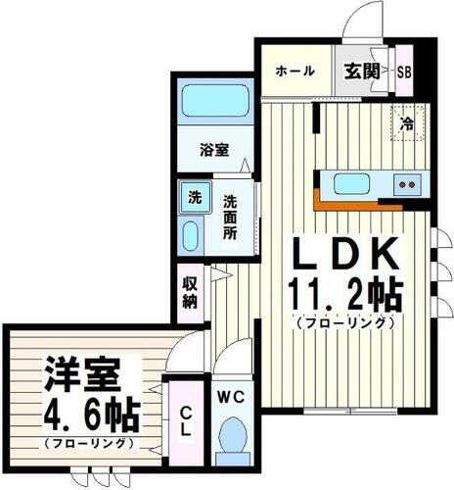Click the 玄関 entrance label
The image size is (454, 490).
coord(360,71)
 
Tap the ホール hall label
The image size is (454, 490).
coord(295,71)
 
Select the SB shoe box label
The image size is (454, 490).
coord(403,71)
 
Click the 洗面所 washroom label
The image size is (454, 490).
coord(229,218)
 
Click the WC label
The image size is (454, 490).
coord(232,397)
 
